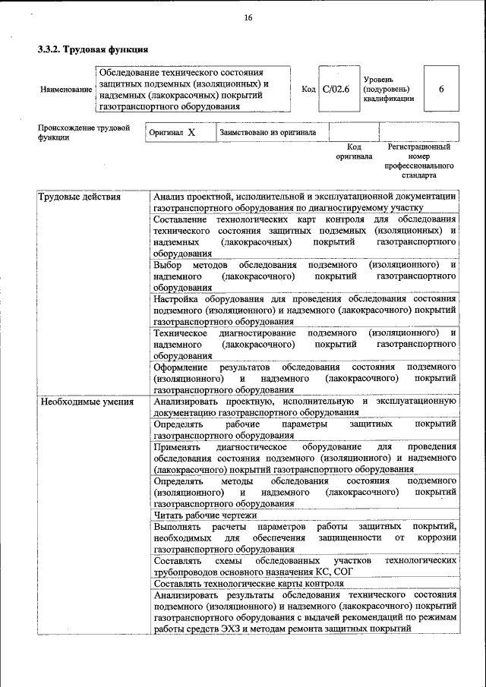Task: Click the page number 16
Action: coord(248,17)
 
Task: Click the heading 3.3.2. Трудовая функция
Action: coord(92,50)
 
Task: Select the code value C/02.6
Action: coord(335,89)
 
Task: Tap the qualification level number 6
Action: coord(441,89)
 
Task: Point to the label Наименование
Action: coord(66,90)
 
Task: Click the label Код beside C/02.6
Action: coord(308,89)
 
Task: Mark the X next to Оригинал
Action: coord(191,132)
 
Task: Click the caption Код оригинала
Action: coord(354,151)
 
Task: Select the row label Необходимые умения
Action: coord(87,402)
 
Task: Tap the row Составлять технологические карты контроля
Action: coord(248,583)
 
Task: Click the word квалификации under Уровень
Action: coord(388,98)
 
